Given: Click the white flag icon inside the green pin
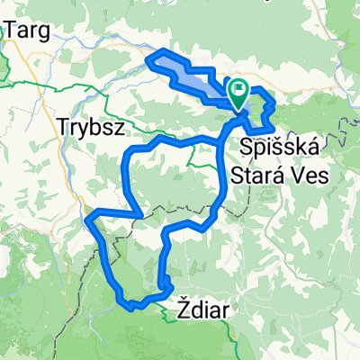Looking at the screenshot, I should click(x=240, y=89).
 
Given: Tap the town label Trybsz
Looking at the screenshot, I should click(x=89, y=126).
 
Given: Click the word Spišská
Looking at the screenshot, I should click(x=279, y=146).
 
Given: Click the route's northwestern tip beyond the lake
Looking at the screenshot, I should click(x=149, y=59).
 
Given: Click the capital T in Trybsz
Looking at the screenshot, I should click(x=62, y=126).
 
